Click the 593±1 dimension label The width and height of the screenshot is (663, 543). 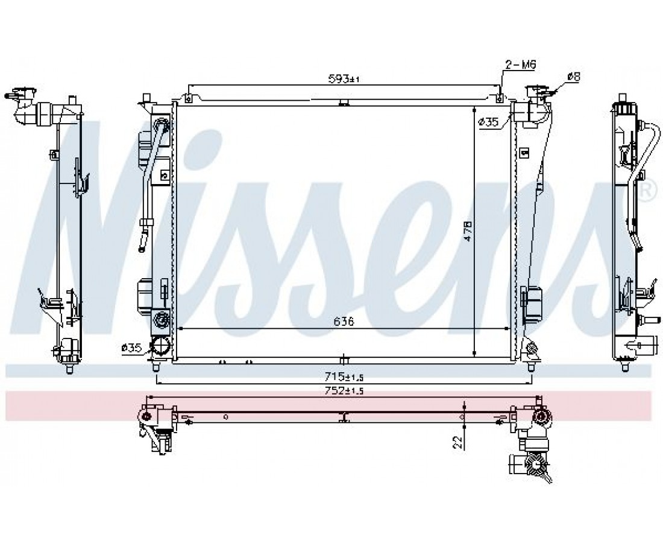(x=344, y=78)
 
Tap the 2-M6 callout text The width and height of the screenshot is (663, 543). (x=521, y=65)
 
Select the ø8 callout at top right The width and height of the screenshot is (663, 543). (x=574, y=77)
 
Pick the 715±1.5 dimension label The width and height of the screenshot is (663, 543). (x=344, y=376)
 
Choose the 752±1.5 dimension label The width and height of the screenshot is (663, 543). (x=344, y=391)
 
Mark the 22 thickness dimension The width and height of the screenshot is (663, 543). (x=457, y=442)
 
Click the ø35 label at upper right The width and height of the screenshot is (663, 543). (x=488, y=122)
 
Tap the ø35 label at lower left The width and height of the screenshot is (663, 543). (x=131, y=348)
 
